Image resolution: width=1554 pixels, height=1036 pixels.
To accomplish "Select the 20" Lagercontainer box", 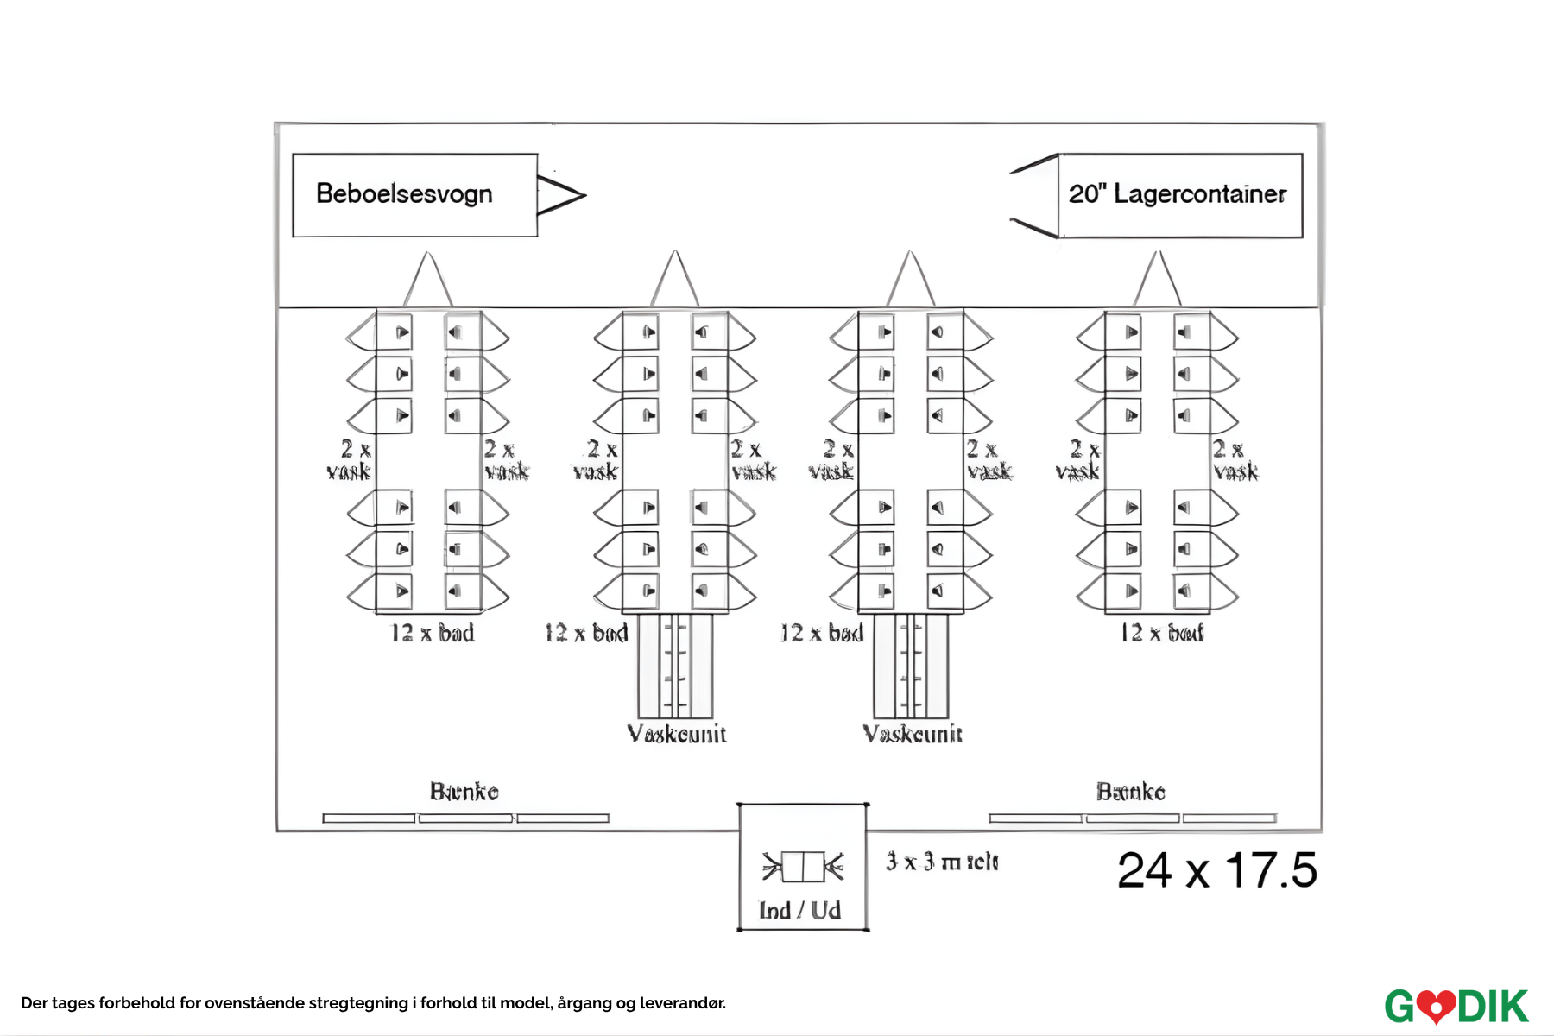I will [1179, 195].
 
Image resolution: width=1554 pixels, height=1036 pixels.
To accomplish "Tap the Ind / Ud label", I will [799, 911].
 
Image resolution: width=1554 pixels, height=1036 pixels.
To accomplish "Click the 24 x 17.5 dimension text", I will [1216, 870].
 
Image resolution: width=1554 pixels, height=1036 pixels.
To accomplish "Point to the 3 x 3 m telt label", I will [942, 862].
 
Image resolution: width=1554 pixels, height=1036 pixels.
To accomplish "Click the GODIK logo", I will [1456, 1006].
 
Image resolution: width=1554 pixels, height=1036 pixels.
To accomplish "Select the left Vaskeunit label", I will [677, 735].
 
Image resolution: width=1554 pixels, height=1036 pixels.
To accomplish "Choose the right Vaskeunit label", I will [913, 735].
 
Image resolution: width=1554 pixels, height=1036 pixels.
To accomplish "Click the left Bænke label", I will [464, 792].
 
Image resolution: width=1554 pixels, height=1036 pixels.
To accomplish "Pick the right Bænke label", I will [1131, 792].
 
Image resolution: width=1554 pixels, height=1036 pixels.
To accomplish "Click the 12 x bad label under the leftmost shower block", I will [433, 634].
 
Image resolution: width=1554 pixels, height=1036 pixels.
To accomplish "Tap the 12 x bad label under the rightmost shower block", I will [1162, 634].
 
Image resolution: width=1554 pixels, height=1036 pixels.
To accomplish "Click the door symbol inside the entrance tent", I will [803, 867].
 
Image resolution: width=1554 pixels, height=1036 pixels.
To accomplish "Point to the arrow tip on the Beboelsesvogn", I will [584, 195].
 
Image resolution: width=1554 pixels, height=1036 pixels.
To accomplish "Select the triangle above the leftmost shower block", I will [427, 281].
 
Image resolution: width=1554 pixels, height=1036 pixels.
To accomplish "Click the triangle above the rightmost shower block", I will [1158, 281].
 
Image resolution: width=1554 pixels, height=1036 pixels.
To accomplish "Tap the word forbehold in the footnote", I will [136, 1003].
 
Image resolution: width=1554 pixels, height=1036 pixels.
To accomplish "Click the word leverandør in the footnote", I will [682, 1003].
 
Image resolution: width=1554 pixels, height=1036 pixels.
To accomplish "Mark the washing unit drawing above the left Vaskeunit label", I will [676, 665].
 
